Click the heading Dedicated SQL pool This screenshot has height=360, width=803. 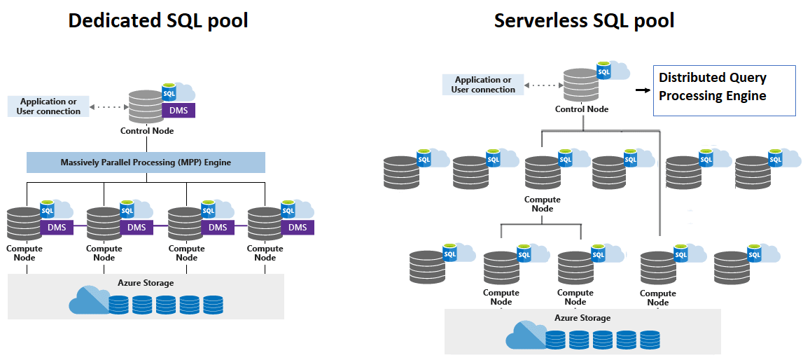click(x=158, y=20)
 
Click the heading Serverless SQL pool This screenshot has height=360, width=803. click(x=584, y=20)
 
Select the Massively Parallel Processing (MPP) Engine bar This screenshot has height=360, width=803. click(x=146, y=162)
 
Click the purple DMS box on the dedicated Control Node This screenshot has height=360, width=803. click(x=178, y=111)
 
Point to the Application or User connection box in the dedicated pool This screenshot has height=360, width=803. click(x=48, y=106)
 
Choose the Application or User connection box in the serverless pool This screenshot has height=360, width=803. click(x=483, y=85)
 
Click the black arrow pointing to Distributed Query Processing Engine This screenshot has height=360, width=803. click(x=641, y=90)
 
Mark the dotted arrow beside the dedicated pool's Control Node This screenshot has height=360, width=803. click(x=109, y=107)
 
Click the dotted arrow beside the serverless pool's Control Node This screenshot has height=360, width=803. click(x=543, y=85)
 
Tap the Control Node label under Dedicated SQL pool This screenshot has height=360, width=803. click(x=147, y=131)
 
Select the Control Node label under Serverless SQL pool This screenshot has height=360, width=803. click(x=582, y=109)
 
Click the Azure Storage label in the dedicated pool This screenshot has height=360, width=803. click(x=146, y=283)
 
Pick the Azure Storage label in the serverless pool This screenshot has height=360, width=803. click(x=582, y=318)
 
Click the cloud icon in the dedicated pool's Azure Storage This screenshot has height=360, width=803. click(x=88, y=301)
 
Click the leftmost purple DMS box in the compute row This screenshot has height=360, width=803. click(x=57, y=227)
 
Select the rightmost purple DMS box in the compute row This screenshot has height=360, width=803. click(x=298, y=227)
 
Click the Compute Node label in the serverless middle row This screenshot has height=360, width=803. click(x=543, y=204)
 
